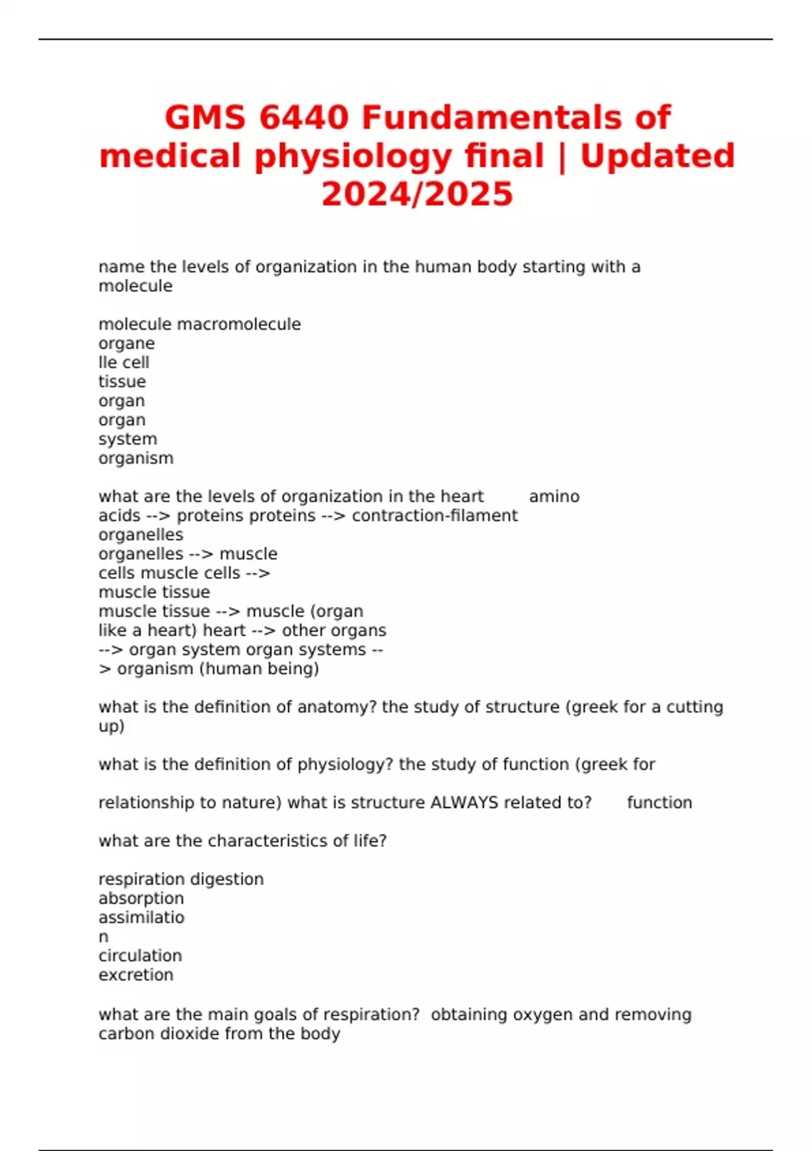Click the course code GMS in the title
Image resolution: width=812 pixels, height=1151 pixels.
tap(206, 118)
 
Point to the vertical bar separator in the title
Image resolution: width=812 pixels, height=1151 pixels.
tap(562, 156)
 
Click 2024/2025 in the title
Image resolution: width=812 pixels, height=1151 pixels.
tap(418, 194)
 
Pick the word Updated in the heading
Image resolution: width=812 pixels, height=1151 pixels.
tap(657, 156)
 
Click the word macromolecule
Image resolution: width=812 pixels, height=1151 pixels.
tap(239, 324)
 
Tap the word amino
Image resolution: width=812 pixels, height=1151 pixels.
tap(554, 496)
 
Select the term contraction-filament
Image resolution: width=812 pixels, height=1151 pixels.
tap(434, 516)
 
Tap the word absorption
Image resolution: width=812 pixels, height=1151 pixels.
tap(141, 898)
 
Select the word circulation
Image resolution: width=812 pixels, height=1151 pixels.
tap(140, 956)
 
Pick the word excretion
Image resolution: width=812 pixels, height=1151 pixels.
tap(136, 975)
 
